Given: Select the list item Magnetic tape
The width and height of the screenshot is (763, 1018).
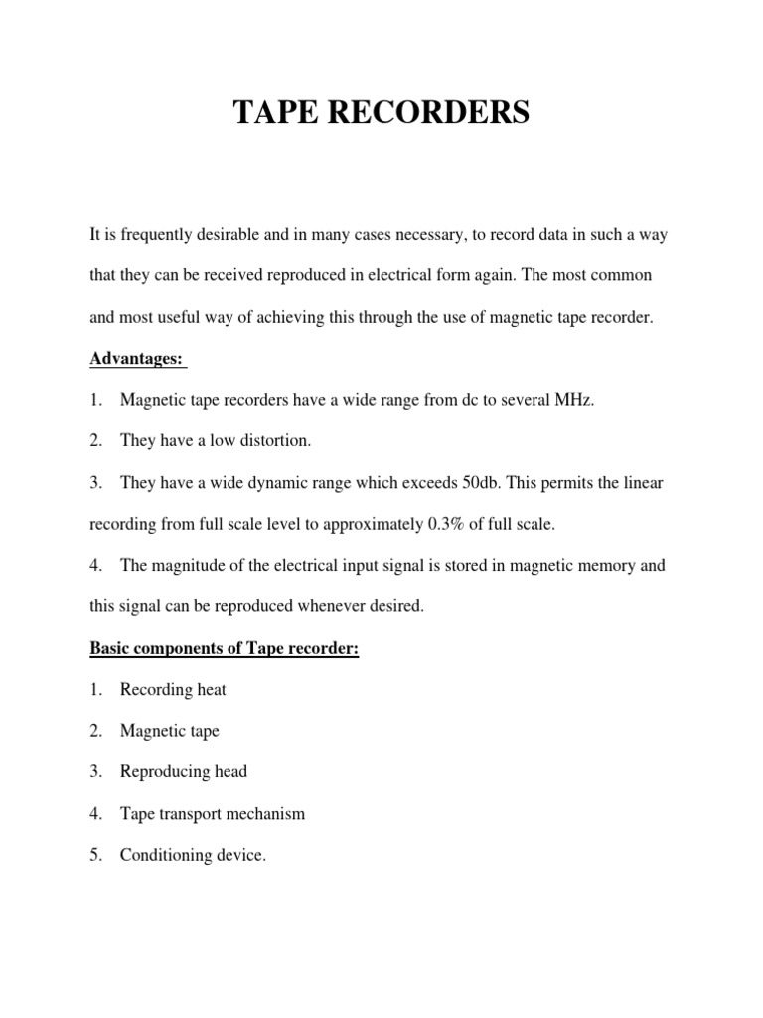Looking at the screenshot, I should (169, 731).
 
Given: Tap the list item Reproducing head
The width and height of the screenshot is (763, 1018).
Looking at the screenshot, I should (183, 771).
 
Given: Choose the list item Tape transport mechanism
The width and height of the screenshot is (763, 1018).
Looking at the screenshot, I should (212, 813).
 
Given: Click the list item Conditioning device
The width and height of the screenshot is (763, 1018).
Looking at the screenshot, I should (193, 855).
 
